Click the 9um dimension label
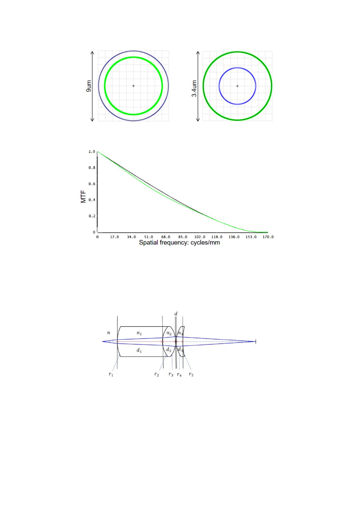click(89, 86)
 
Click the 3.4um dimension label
click(194, 88)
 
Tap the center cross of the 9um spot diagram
click(134, 86)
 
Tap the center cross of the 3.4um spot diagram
click(237, 86)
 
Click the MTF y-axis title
click(83, 197)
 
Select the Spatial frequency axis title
click(180, 243)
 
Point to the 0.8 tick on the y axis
click(92, 168)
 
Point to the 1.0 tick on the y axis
click(92, 152)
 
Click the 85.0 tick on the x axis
click(183, 237)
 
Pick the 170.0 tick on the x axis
click(268, 237)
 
